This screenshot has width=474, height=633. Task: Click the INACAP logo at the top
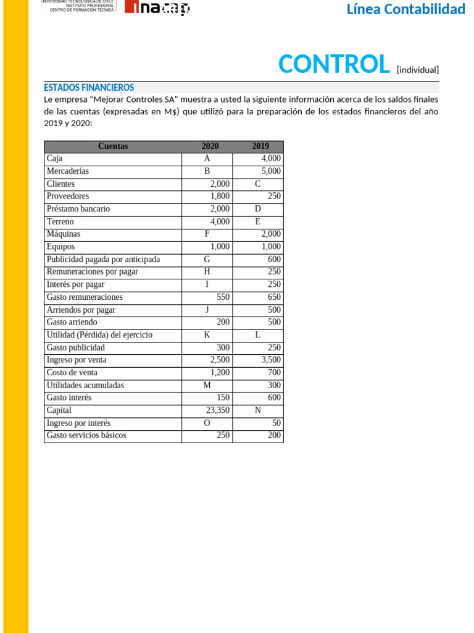157,8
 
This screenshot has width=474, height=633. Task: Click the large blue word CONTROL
334,64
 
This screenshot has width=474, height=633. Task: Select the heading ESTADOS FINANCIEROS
89,88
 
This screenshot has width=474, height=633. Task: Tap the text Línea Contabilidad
405,9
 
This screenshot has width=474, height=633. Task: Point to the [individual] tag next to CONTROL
417,70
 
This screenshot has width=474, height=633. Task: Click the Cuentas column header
113,147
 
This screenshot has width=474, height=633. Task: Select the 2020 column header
210,147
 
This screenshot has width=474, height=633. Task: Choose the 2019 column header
260,147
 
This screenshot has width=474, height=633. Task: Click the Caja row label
54,159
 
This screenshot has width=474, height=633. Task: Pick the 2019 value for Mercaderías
270,171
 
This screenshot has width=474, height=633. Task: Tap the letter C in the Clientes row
257,184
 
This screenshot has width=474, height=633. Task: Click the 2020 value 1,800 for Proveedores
220,197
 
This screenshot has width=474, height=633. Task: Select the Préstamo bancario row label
78,209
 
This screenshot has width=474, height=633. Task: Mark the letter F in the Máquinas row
207,234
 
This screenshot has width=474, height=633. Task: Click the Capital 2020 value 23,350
217,410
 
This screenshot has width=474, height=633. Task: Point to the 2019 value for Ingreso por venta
270,360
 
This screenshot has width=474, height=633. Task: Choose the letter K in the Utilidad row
207,335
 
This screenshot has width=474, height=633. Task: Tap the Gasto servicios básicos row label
86,435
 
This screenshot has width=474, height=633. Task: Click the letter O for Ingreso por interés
207,423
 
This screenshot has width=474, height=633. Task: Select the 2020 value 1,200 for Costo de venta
220,373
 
